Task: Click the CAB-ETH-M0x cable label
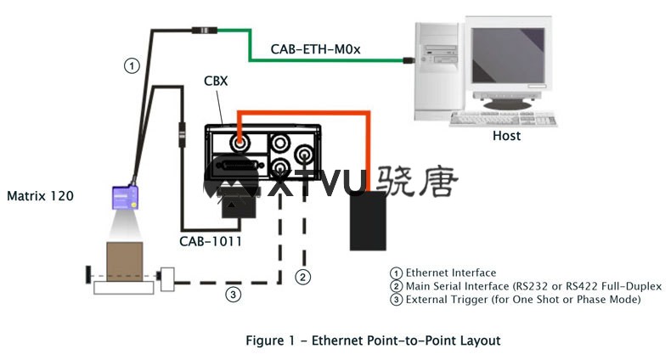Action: (x=316, y=49)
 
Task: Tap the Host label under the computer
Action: (x=506, y=136)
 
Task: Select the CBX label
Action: (x=215, y=82)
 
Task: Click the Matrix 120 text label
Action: (x=40, y=196)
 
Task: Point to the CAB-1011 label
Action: (x=211, y=241)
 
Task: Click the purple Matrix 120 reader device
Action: (x=126, y=198)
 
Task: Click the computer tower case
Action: (x=437, y=68)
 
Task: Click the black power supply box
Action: (x=368, y=221)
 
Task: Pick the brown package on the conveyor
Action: (x=124, y=261)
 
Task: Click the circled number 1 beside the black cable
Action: (x=132, y=65)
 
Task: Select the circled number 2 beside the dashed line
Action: (x=302, y=275)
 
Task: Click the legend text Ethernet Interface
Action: (x=450, y=273)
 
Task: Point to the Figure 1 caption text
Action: (x=373, y=340)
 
